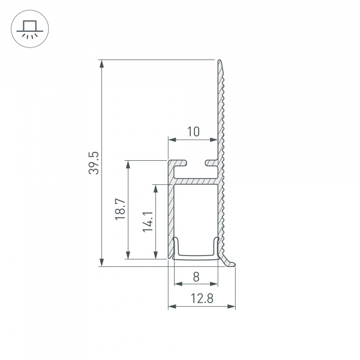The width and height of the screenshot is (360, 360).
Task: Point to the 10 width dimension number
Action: (192, 131)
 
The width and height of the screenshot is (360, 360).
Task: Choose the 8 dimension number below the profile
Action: (196, 277)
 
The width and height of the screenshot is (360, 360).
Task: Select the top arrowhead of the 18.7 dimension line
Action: (128, 164)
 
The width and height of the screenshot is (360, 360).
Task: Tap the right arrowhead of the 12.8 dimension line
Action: (232, 307)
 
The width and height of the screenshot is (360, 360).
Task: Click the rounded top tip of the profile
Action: (220, 62)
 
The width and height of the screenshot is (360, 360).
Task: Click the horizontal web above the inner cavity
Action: (196, 180)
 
